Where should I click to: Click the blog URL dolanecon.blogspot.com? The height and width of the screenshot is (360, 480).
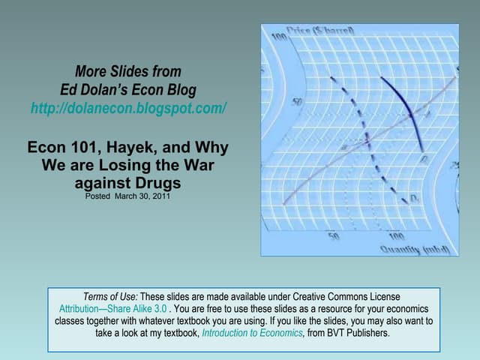(x=128, y=109)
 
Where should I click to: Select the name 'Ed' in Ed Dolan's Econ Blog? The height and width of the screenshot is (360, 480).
(x=68, y=90)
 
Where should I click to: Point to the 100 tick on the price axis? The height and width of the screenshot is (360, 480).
(x=278, y=37)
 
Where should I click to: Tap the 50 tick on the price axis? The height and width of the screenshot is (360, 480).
(x=297, y=100)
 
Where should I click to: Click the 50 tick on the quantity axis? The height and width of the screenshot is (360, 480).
(x=334, y=236)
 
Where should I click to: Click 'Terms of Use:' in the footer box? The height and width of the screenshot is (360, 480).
(x=111, y=296)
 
